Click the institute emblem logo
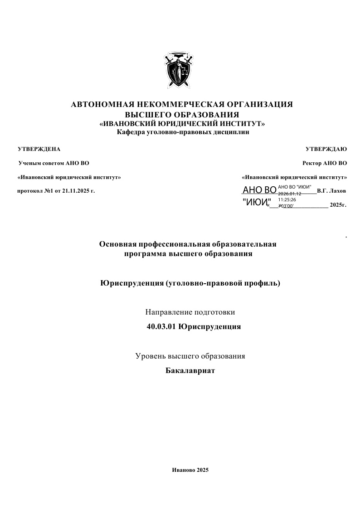[x=180, y=70]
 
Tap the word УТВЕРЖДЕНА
[x=39, y=149]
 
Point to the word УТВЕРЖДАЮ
[x=326, y=149]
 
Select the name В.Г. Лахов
[x=331, y=191]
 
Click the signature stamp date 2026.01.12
[x=290, y=194]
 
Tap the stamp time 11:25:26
[x=287, y=199]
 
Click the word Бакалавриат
[x=190, y=371]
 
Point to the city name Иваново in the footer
[x=184, y=470]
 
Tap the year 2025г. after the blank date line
[x=338, y=205]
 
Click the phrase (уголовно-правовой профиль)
[x=223, y=283]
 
